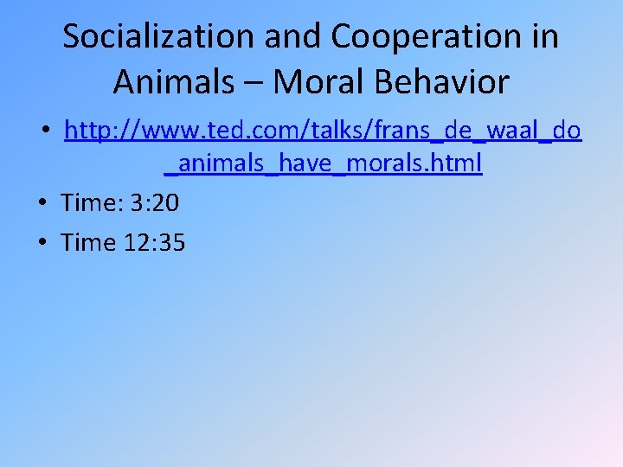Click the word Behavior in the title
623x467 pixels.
pyautogui.click(x=450, y=83)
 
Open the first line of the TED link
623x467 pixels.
pyautogui.click(x=323, y=131)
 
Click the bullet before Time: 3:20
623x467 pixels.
pyautogui.click(x=43, y=203)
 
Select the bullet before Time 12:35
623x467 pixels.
pyautogui.click(x=43, y=243)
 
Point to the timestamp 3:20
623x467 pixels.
pyautogui.click(x=155, y=202)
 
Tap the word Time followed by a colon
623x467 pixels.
pyautogui.click(x=91, y=202)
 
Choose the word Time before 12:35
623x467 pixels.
pyautogui.click(x=88, y=242)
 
